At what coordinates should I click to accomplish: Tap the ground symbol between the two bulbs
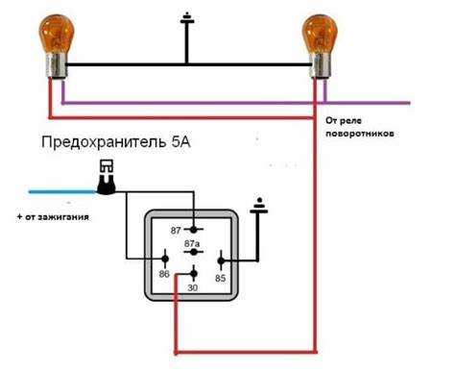point(185,22)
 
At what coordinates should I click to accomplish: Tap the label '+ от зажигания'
point(54,217)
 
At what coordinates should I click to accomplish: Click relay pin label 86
point(164,274)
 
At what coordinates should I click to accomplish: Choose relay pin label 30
point(194,286)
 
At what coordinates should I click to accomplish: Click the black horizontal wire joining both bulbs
point(182,66)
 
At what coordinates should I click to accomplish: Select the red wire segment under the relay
point(240,349)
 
